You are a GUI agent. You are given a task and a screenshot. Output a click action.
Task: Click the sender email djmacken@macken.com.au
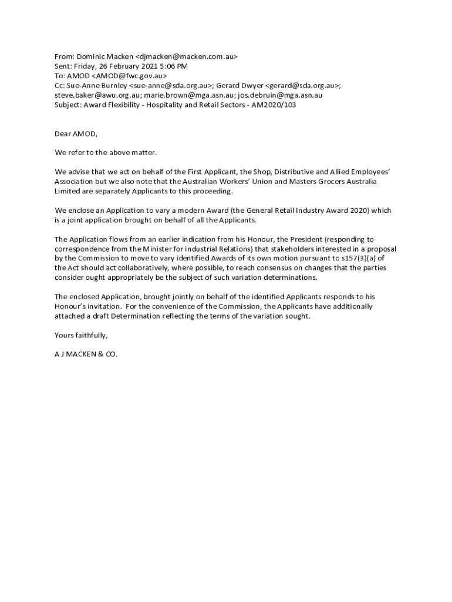tap(186, 57)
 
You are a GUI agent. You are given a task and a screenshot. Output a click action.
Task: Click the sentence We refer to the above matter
tap(106, 152)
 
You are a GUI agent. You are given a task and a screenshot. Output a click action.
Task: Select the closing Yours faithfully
tap(81, 335)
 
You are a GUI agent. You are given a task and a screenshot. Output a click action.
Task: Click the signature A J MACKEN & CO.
tap(86, 354)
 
